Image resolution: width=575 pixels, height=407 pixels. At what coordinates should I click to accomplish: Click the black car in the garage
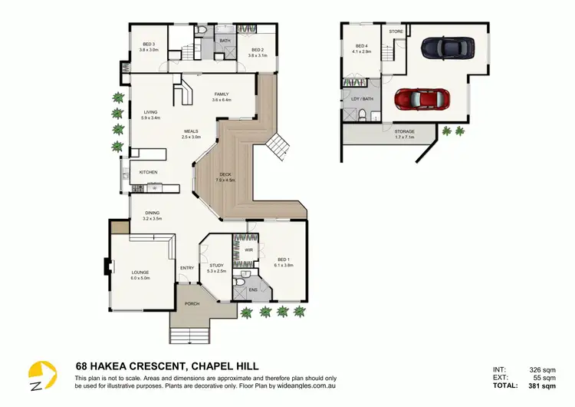point(442,48)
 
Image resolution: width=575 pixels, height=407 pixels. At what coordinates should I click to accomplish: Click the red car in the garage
point(421,100)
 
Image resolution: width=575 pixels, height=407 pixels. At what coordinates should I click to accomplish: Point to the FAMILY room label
point(222,95)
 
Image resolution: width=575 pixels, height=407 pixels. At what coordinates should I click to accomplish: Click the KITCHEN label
point(148,172)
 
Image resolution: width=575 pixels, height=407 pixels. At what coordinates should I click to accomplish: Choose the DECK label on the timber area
point(225,174)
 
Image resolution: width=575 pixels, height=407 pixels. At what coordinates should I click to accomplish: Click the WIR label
point(249,250)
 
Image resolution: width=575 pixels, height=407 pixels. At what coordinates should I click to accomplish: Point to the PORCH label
point(192,303)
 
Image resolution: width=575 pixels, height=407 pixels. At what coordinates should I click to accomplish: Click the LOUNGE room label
point(140,273)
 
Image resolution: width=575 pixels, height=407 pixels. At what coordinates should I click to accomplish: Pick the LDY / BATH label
point(362,98)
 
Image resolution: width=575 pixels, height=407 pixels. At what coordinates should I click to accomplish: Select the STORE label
point(396,31)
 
